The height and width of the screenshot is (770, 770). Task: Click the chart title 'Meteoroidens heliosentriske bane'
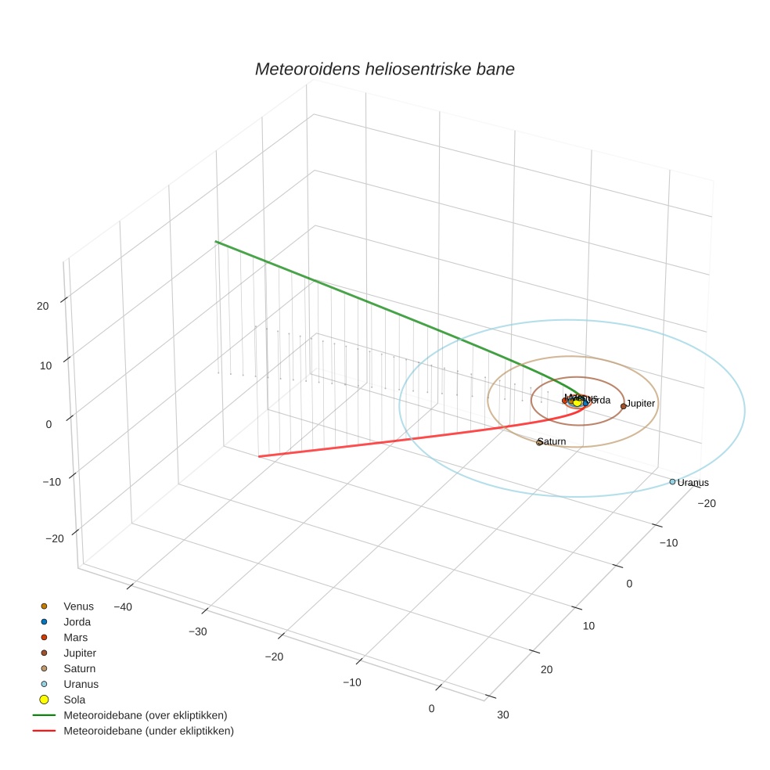pyautogui.click(x=384, y=69)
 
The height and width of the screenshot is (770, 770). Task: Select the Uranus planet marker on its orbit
pyautogui.click(x=672, y=482)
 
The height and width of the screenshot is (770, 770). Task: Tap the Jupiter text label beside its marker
pyautogui.click(x=640, y=403)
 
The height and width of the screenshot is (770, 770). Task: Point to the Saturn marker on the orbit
pyautogui.click(x=539, y=443)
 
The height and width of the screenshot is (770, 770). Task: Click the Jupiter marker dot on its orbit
pyautogui.click(x=624, y=406)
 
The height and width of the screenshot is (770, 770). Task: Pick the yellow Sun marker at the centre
pyautogui.click(x=577, y=402)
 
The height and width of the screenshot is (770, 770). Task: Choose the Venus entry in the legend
pyautogui.click(x=78, y=606)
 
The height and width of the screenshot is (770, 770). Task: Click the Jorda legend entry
pyautogui.click(x=77, y=622)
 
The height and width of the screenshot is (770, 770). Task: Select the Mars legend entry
pyautogui.click(x=75, y=638)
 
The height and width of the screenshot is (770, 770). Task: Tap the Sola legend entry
pyautogui.click(x=74, y=700)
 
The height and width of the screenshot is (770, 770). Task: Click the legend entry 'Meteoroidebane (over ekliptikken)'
pyautogui.click(x=146, y=715)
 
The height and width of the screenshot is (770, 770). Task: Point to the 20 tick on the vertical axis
pyautogui.click(x=43, y=306)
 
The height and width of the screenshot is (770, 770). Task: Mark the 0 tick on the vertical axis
pyautogui.click(x=49, y=424)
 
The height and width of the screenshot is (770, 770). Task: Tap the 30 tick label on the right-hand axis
pyautogui.click(x=502, y=714)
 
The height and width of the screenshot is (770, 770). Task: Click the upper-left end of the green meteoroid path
pyautogui.click(x=216, y=242)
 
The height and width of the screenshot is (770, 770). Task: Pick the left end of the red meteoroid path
pyautogui.click(x=259, y=456)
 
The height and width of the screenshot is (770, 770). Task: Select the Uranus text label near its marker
pyautogui.click(x=693, y=483)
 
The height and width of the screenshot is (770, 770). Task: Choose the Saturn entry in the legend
pyautogui.click(x=79, y=669)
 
